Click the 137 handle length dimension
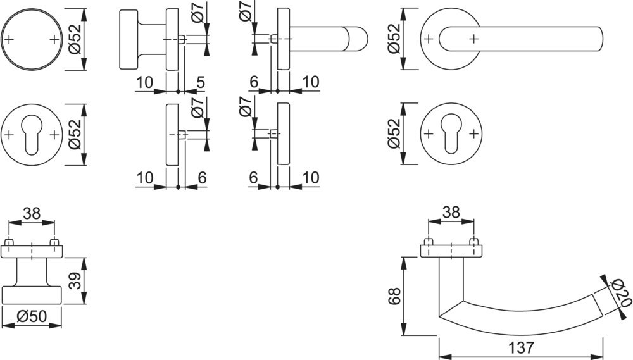(x=521, y=348)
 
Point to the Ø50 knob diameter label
(x=32, y=316)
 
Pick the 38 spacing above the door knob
(x=32, y=214)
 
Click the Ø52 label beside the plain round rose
(x=75, y=39)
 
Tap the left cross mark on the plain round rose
(x=9, y=39)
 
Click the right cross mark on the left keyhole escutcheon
(x=54, y=135)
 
